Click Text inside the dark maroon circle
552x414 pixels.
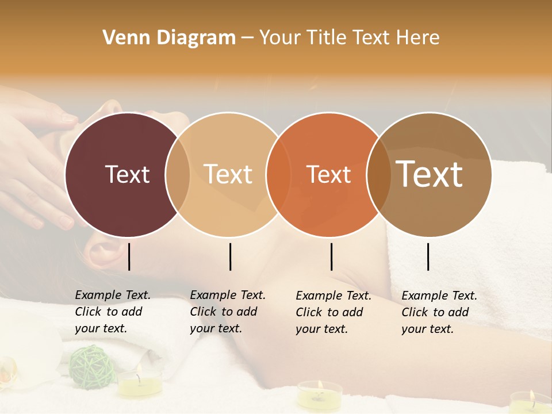pos(127,174)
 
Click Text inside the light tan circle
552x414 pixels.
pos(228,174)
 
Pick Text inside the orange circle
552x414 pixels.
pos(328,174)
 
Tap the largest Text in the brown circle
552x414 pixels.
pos(430,174)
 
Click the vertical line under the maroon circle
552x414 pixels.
pos(129,256)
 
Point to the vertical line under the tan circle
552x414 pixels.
pos(230,256)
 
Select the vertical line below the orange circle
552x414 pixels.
pos(331,256)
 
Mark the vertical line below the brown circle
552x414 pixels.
pos(428,256)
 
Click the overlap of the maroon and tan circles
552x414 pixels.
pos(178,174)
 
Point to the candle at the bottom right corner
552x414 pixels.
pos(529,401)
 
